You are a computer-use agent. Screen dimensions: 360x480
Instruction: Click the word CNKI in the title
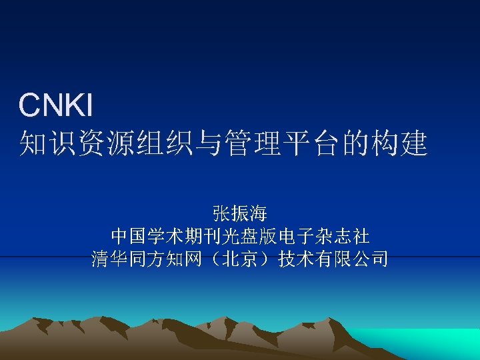point(56,105)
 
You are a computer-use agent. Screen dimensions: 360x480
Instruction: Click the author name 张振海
point(240,214)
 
